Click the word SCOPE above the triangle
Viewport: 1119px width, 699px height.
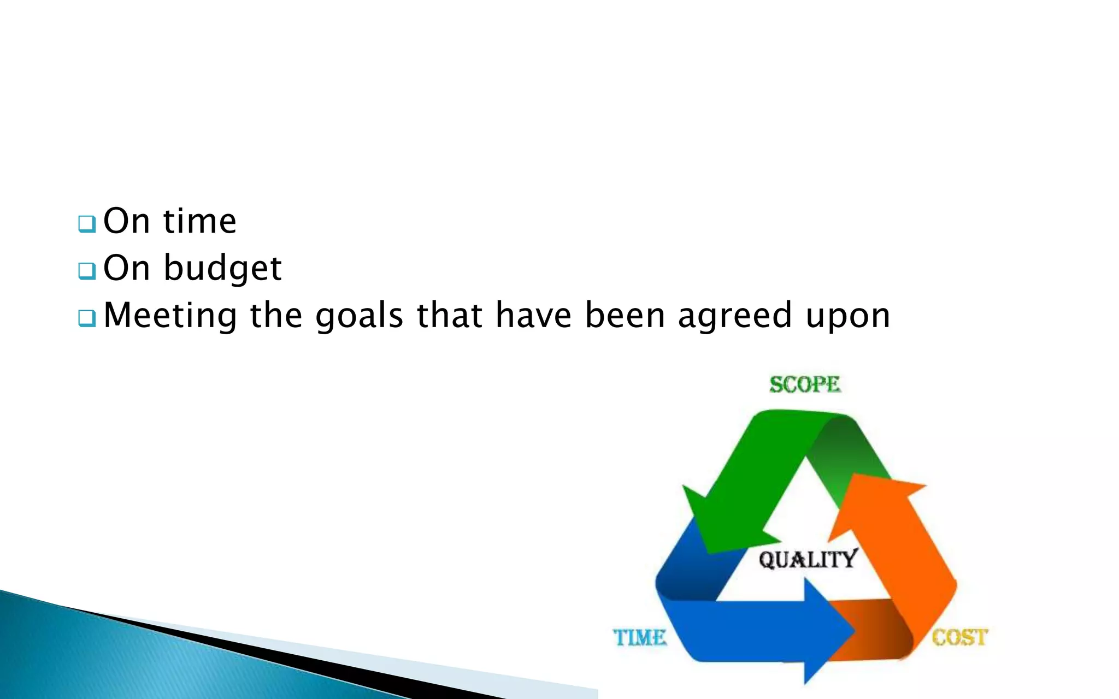[804, 384]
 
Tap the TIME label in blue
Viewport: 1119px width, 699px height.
[639, 637]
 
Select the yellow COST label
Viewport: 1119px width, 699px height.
[959, 637]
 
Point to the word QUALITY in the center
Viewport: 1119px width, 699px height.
[808, 560]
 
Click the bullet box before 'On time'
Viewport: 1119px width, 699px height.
[86, 223]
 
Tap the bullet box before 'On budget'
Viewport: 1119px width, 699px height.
[86, 270]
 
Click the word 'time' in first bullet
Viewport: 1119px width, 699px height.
[199, 221]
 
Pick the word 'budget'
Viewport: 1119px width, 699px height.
[222, 269]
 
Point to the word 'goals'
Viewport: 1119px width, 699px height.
[359, 316]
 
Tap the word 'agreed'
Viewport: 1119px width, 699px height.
[735, 316]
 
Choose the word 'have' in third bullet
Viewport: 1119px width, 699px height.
[533, 316]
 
